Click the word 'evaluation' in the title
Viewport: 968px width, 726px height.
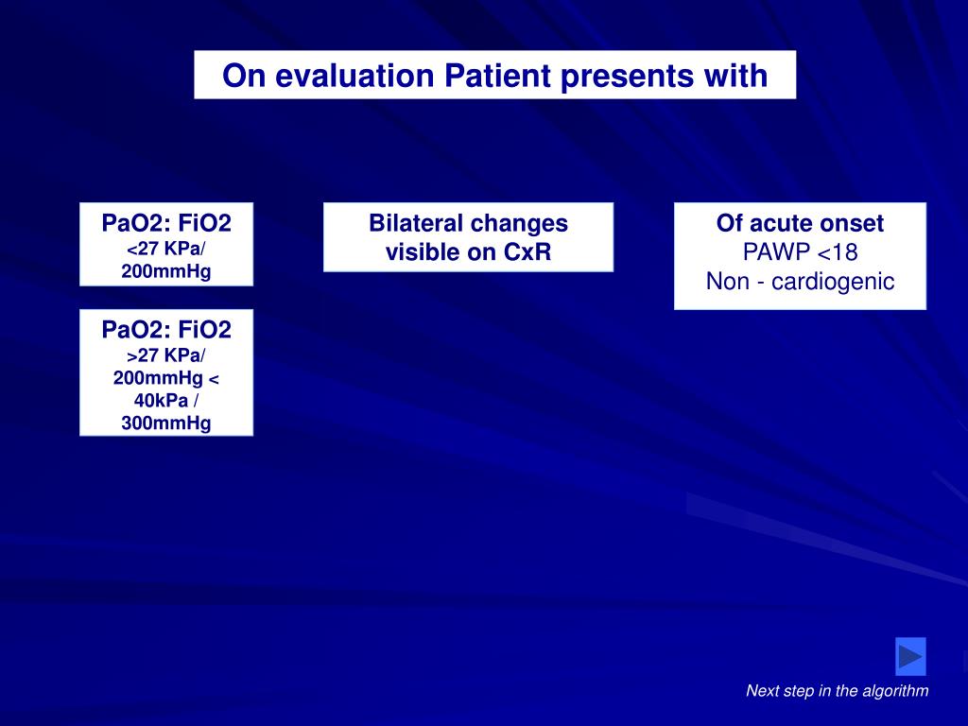click(354, 76)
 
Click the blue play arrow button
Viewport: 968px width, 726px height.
click(910, 656)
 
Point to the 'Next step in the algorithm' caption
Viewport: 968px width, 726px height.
click(838, 690)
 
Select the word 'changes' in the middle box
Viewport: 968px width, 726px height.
click(525, 224)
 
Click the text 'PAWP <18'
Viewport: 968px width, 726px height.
click(800, 251)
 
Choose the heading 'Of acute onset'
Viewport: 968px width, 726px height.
click(800, 223)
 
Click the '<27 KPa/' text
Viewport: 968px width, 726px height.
click(166, 249)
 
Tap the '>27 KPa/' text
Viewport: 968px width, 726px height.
click(166, 355)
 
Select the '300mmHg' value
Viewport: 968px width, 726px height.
click(166, 423)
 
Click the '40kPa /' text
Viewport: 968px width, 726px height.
click(166, 401)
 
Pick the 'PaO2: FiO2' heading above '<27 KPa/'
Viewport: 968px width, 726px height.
click(166, 223)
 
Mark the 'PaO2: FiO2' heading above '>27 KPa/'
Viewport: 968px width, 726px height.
click(166, 330)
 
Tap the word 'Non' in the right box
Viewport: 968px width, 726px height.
click(727, 282)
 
